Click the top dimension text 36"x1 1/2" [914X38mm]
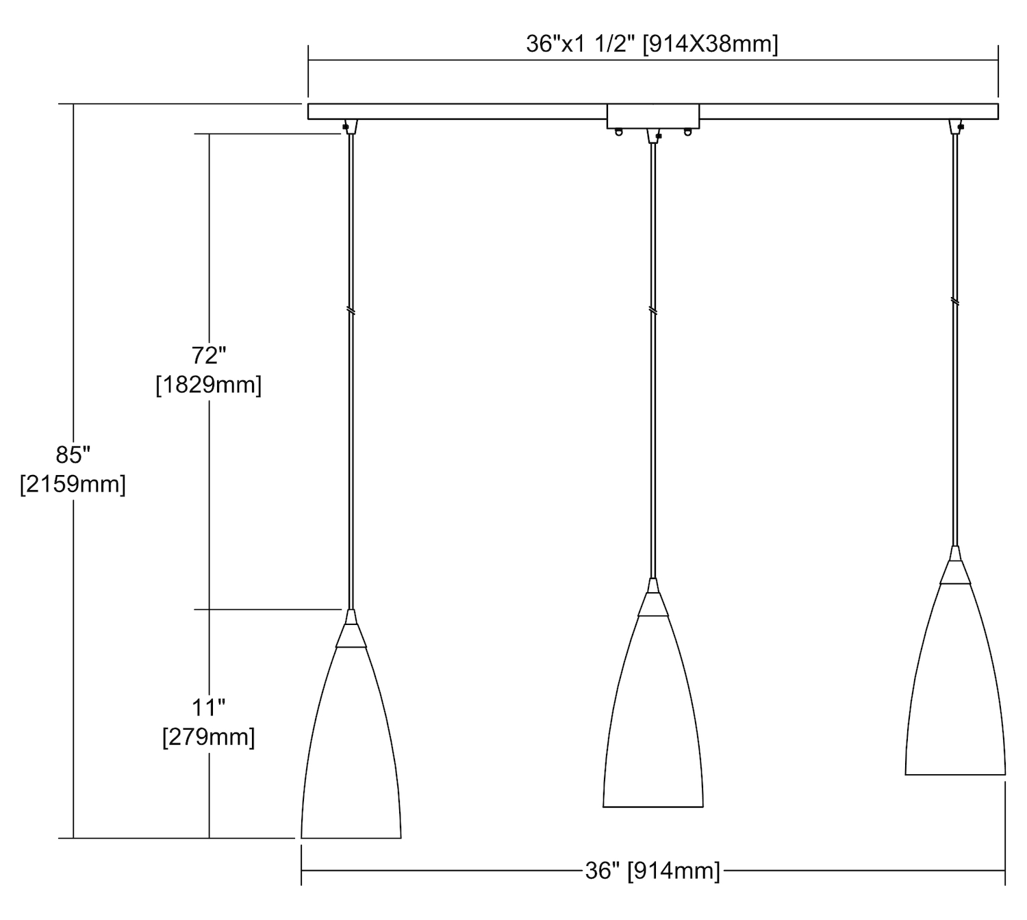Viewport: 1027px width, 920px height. [x=651, y=44]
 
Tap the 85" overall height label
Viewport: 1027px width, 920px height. [x=73, y=455]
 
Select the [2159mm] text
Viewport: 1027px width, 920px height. [x=73, y=484]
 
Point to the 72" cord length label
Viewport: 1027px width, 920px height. [x=208, y=355]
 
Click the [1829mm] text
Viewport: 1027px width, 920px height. [x=208, y=385]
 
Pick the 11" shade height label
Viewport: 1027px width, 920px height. [x=208, y=708]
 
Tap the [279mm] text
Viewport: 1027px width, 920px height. [x=208, y=737]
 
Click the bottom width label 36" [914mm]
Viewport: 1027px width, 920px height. [x=652, y=871]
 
